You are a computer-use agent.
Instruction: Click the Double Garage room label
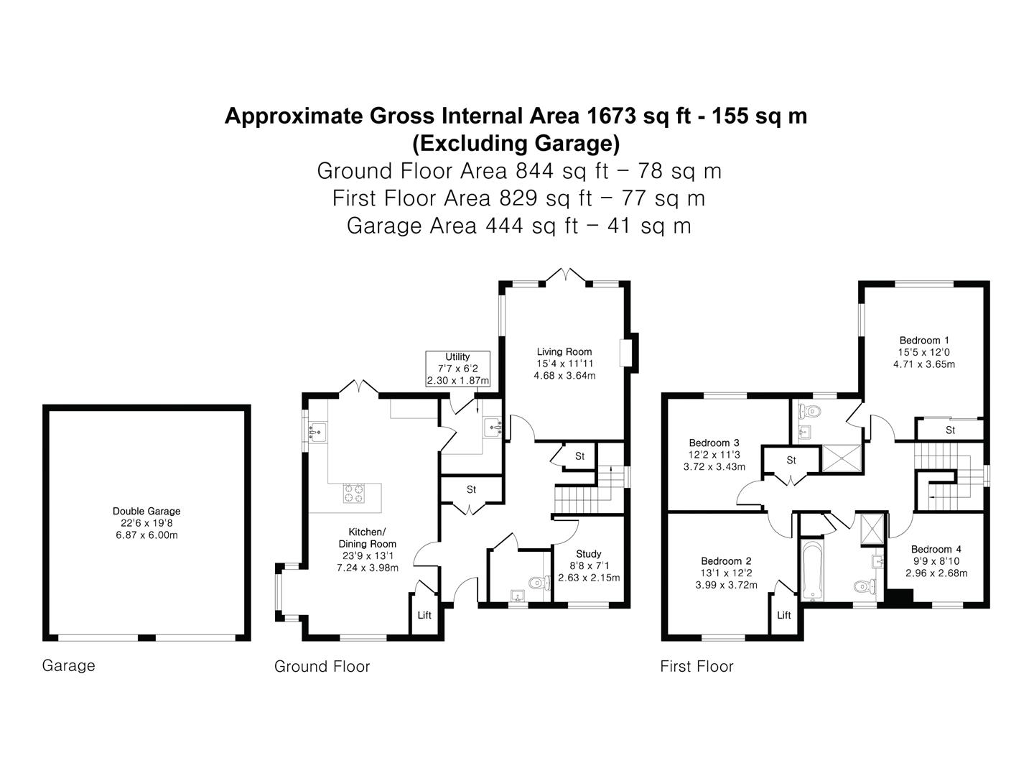point(146,511)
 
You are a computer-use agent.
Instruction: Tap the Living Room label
point(564,351)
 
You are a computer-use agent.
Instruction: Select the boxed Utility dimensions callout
point(457,369)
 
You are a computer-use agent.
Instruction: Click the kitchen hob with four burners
point(354,493)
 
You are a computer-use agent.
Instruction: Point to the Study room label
point(589,553)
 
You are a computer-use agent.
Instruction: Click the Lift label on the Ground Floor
point(424,615)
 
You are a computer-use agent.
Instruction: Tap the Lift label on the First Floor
point(784,615)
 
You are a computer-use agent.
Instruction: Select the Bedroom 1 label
point(924,340)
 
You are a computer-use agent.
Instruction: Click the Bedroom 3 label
point(714,443)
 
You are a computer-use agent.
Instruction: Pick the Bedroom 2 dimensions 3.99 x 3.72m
point(727,585)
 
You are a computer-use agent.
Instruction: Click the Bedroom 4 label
point(936,550)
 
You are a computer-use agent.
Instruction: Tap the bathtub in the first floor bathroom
point(811,571)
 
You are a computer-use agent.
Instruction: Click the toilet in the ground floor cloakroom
point(539,583)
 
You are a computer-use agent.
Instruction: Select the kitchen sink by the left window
point(317,432)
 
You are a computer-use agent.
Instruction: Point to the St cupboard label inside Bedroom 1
point(950,430)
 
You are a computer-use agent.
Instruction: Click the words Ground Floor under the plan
point(322,667)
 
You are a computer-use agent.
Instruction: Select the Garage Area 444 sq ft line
point(518,226)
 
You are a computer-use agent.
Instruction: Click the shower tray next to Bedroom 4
point(872,530)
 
